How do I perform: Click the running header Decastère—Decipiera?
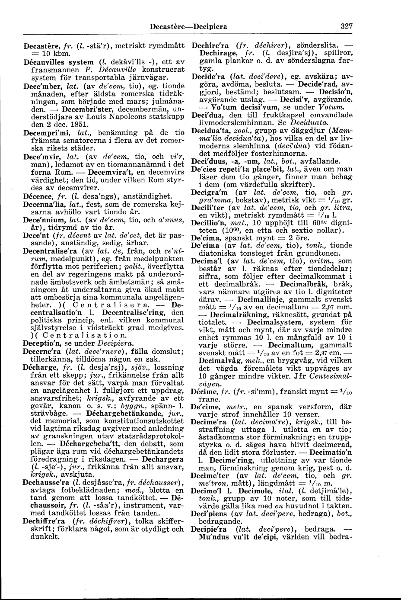coord(188,26)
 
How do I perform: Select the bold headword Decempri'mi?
coord(45,132)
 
